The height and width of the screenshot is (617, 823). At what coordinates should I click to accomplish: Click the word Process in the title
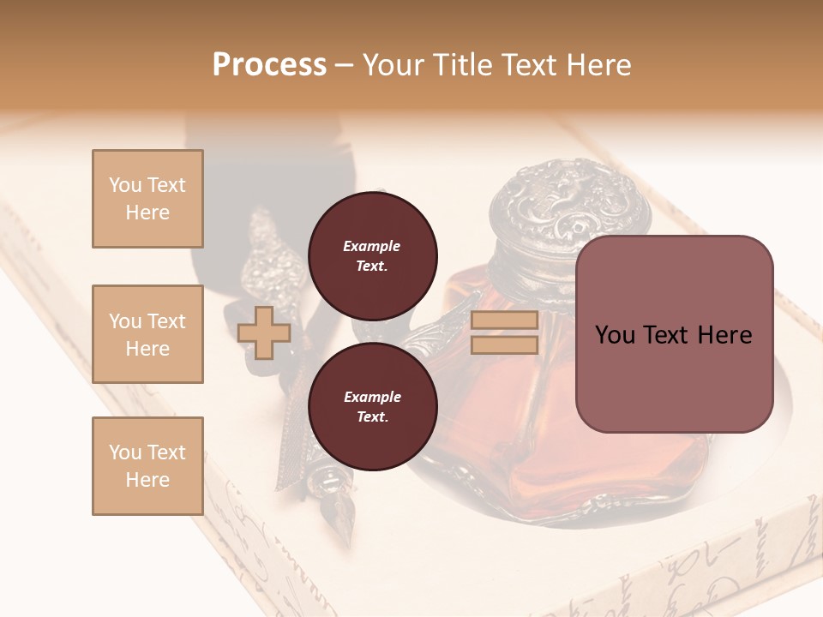pyautogui.click(x=269, y=65)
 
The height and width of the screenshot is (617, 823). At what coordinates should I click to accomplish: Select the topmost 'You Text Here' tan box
pyautogui.click(x=147, y=199)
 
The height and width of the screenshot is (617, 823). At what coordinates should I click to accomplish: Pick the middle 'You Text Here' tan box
pyautogui.click(x=147, y=334)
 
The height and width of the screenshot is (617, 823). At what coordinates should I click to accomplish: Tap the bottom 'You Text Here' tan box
pyautogui.click(x=147, y=466)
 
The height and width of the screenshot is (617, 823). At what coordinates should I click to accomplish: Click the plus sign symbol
pyautogui.click(x=264, y=332)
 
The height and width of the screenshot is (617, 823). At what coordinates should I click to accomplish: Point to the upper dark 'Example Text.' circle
pyautogui.click(x=372, y=256)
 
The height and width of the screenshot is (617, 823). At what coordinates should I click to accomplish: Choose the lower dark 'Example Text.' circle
pyautogui.click(x=372, y=407)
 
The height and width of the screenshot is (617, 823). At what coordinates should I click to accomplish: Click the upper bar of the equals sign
pyautogui.click(x=505, y=320)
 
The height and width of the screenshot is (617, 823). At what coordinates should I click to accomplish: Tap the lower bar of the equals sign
pyautogui.click(x=505, y=345)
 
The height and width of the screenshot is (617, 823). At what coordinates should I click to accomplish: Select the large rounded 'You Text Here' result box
pyautogui.click(x=674, y=334)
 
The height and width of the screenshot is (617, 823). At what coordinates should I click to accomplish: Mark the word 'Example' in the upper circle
pyautogui.click(x=372, y=247)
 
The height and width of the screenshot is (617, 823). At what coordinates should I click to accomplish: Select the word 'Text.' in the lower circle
pyautogui.click(x=372, y=417)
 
